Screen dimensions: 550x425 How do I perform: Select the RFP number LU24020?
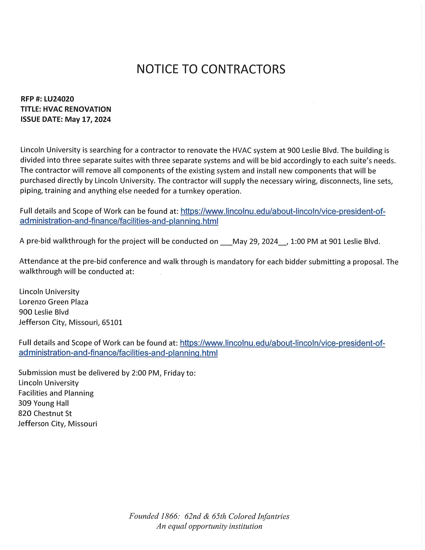[59, 99]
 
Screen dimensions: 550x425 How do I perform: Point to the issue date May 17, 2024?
[88, 119]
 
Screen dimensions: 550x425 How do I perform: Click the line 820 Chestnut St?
[45, 413]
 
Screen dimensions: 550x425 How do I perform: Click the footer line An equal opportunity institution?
[209, 526]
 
